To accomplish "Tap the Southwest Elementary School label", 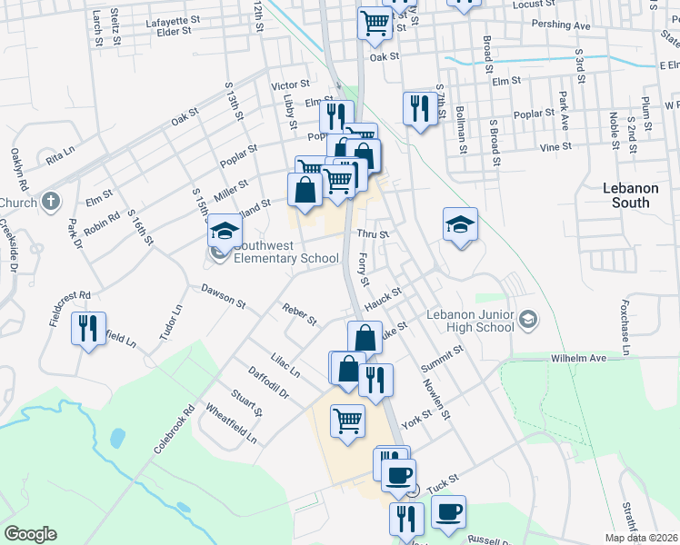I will pos(286,252).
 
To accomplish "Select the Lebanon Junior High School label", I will pos(470,321).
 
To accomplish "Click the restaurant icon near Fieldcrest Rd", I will pos(88,328).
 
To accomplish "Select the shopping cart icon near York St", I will pos(347,421).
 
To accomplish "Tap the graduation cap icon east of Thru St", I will pos(461,224).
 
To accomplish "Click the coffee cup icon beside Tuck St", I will pos(447,511).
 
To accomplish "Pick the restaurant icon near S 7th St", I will pos(418,108).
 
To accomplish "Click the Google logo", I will pos(30,534).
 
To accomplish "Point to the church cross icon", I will pos(52,200).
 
